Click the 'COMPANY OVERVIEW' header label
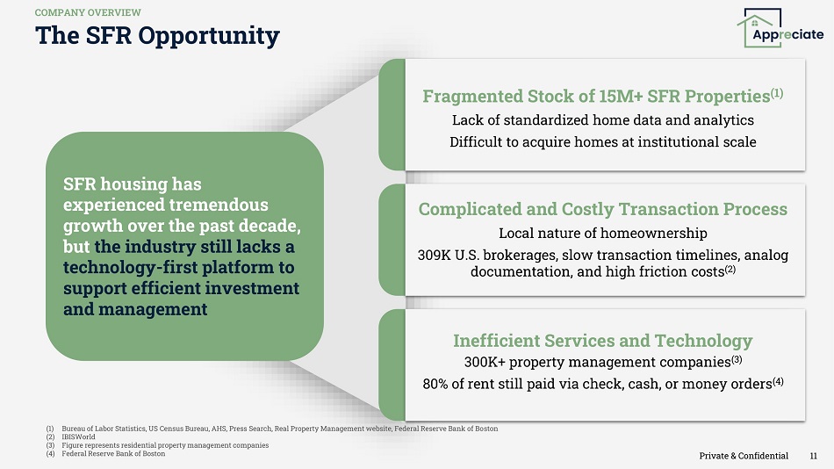[x=88, y=12]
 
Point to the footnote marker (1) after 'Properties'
[x=777, y=93]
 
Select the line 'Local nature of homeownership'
[x=602, y=233]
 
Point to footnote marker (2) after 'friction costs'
[x=730, y=270]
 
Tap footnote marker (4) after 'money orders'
[x=778, y=381]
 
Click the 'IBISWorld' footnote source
[x=79, y=437]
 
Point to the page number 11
[x=813, y=456]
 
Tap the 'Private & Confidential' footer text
[x=744, y=456]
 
